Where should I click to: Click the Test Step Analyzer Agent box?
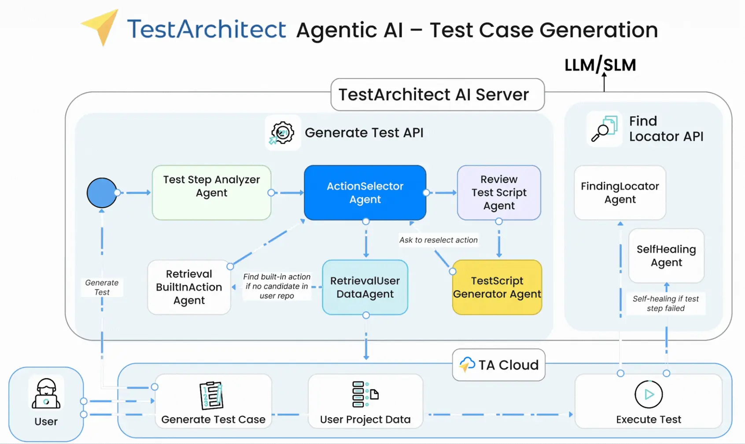tap(211, 193)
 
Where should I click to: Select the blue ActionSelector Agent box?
tap(365, 193)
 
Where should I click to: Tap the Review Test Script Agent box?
tap(499, 193)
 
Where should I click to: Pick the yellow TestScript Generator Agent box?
tap(497, 287)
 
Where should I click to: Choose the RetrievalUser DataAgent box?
tap(365, 287)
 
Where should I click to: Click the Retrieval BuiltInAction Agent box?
tap(189, 287)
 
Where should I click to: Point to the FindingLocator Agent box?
tap(620, 193)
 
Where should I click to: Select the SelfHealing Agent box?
tap(666, 256)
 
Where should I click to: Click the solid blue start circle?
tap(102, 193)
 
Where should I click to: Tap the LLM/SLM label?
tap(600, 65)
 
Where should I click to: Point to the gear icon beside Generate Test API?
tap(282, 132)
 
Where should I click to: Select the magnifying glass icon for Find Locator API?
tap(604, 128)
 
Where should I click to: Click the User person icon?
tap(46, 393)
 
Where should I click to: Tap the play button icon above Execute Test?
tap(649, 394)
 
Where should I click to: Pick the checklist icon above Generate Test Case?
tap(211, 395)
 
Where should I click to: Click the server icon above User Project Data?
tap(365, 394)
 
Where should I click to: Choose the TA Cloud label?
tap(499, 365)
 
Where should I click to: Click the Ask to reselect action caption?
tap(438, 240)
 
